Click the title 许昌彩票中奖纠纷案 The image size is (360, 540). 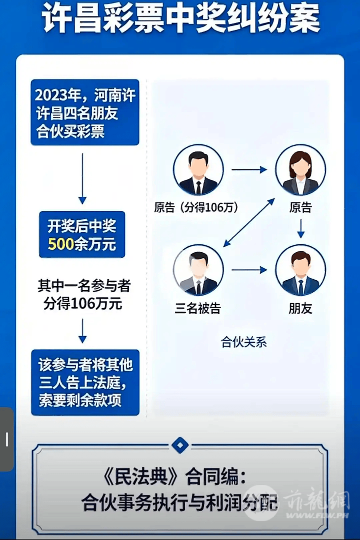pyautogui.click(x=180, y=19)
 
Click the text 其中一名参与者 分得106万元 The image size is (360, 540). pyautogui.click(x=84, y=294)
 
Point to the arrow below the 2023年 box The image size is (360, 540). pyautogui.click(x=82, y=178)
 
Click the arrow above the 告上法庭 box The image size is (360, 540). pyautogui.click(x=82, y=331)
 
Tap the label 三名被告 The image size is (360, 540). pyautogui.click(x=197, y=309)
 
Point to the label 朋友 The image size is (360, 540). pyautogui.click(x=300, y=309)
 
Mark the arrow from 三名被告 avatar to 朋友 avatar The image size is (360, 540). pyautogui.click(x=249, y=270)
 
